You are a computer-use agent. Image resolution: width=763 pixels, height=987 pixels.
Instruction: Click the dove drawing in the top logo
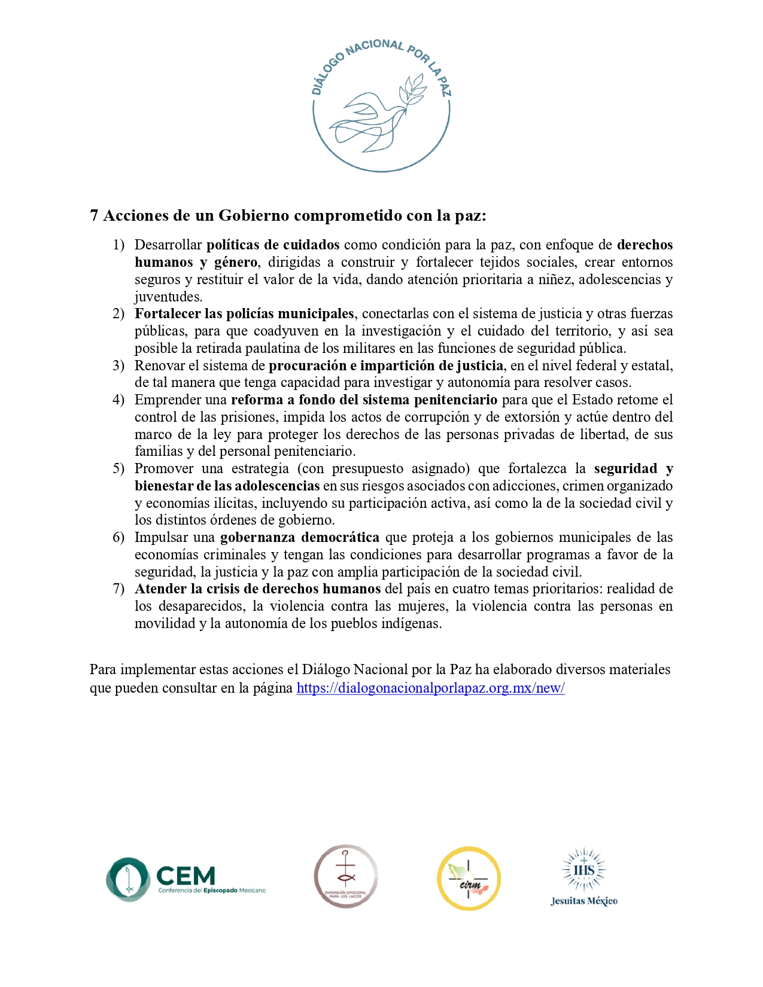click(374, 117)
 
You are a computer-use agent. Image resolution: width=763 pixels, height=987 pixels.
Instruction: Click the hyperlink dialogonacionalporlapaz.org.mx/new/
click(430, 688)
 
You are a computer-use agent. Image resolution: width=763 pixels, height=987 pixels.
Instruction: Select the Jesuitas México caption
click(583, 901)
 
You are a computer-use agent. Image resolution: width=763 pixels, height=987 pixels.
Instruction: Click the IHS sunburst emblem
click(583, 869)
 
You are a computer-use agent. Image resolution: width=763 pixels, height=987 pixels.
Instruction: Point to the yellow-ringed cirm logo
click(469, 878)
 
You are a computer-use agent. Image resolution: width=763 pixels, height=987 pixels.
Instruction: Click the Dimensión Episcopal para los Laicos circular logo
click(346, 876)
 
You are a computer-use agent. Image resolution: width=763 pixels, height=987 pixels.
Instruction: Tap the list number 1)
click(118, 245)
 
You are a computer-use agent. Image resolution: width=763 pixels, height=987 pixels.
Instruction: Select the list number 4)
click(118, 400)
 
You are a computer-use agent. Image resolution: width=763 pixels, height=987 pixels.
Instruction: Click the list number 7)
click(118, 589)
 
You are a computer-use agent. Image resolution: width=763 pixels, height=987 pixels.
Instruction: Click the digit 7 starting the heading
click(94, 215)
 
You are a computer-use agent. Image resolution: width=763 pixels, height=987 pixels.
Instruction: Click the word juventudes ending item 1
click(168, 297)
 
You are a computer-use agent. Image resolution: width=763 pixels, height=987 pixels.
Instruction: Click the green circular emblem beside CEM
click(128, 879)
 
